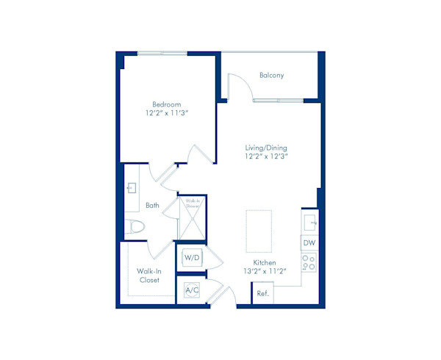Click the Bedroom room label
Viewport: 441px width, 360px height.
tap(165, 104)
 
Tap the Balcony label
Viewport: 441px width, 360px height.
tap(272, 76)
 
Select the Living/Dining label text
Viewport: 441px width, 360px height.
tap(266, 146)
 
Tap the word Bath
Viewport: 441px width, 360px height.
tap(152, 206)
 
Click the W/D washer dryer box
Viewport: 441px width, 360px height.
tap(192, 258)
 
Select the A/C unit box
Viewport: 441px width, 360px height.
tap(192, 290)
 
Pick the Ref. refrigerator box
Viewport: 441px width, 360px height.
tap(262, 293)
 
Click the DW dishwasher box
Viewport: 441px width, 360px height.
tap(309, 242)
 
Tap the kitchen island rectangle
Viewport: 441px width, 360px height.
tap(258, 231)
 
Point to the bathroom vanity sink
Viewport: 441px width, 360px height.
tap(132, 188)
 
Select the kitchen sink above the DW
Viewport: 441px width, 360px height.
tap(309, 220)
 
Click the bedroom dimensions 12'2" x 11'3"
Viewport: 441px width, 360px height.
tap(165, 113)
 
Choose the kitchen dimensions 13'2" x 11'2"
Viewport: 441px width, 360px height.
tap(265, 270)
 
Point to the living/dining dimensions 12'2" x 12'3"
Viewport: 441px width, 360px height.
tap(266, 156)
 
